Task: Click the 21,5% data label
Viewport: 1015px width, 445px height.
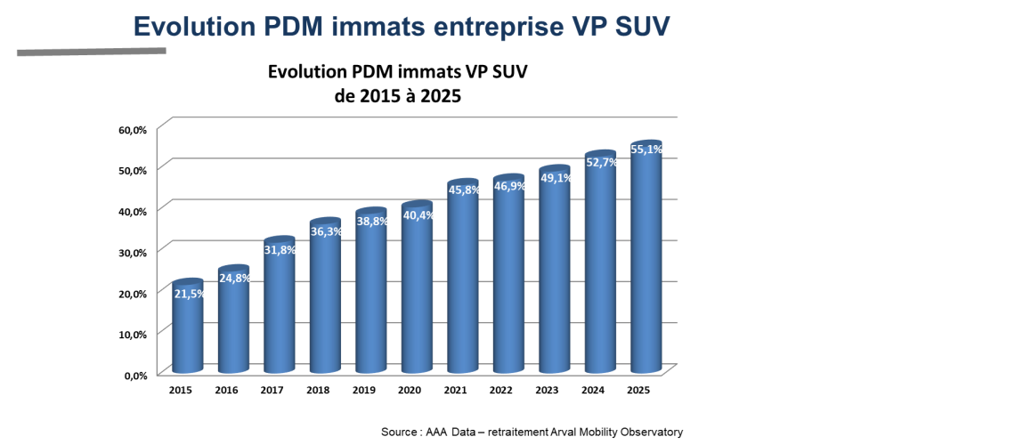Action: coord(189,294)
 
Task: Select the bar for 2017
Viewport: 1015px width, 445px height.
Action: coord(280,311)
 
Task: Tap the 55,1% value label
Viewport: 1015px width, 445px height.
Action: coord(646,150)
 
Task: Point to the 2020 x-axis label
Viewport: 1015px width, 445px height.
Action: coord(410,391)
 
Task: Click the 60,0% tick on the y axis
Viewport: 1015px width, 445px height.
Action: coord(133,129)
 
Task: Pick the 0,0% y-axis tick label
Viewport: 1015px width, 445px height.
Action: coord(134,375)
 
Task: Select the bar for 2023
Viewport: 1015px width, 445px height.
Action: coord(555,276)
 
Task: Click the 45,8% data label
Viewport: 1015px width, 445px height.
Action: coord(464,190)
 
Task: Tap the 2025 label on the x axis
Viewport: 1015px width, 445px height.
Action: coord(638,391)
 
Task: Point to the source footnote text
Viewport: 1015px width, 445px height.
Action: coord(532,432)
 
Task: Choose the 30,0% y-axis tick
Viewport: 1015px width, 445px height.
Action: coord(133,252)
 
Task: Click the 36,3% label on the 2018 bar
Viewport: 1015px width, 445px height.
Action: coord(326,231)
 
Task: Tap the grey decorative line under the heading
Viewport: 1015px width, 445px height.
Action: coord(92,52)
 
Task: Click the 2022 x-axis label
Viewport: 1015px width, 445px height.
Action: coord(501,391)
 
